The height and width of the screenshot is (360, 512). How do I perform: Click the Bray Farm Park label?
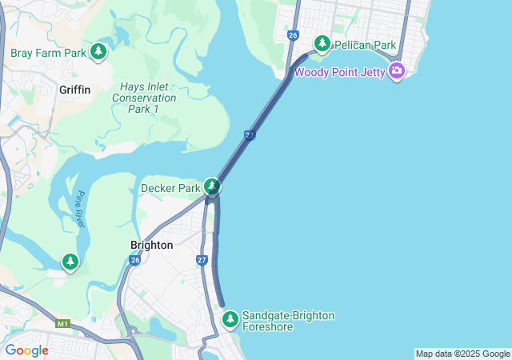[x=48, y=54]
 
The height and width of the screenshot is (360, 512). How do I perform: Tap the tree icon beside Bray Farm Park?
[x=98, y=52]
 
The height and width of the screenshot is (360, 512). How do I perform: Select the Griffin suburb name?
[x=74, y=90]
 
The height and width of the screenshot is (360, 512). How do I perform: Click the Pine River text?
[x=82, y=210]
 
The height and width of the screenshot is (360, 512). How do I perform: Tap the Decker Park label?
[x=170, y=189]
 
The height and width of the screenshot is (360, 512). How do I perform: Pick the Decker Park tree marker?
[x=211, y=187]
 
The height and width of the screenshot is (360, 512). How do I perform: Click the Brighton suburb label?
[x=151, y=245]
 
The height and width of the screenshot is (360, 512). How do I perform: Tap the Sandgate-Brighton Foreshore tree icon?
[x=230, y=319]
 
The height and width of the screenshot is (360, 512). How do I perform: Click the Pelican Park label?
[x=366, y=45]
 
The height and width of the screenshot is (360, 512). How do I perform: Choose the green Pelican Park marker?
[x=322, y=43]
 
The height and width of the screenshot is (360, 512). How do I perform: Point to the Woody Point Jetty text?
[x=340, y=72]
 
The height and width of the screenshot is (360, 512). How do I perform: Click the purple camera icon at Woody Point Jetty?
[x=397, y=71]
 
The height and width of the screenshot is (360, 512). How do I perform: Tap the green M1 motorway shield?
[x=62, y=324]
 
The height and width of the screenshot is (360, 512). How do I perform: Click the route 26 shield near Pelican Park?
[x=293, y=35]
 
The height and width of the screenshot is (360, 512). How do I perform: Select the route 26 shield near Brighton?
[x=134, y=260]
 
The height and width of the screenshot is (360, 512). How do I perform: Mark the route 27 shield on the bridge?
[x=250, y=135]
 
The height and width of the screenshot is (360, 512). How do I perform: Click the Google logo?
[x=26, y=350]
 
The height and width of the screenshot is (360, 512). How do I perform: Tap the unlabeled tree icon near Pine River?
[x=70, y=262]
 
